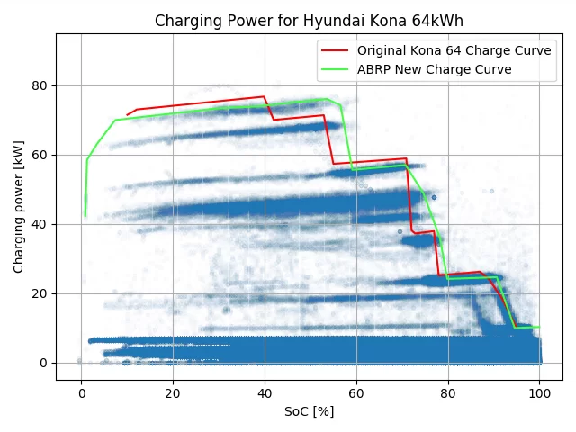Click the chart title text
coord(309,21)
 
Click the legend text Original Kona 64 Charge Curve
coord(454,50)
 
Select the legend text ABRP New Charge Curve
coord(434,69)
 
